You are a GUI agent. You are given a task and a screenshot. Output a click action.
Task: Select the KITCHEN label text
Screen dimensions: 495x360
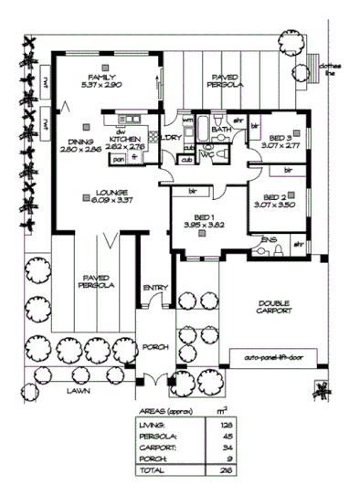point(124,139)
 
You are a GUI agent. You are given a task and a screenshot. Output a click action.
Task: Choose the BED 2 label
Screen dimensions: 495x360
point(277,198)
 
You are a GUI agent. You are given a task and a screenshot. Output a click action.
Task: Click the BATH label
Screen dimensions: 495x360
point(221,130)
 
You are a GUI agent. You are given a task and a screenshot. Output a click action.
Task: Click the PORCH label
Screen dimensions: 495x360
point(152,347)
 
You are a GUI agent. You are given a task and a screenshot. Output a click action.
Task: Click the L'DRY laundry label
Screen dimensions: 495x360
point(170,137)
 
